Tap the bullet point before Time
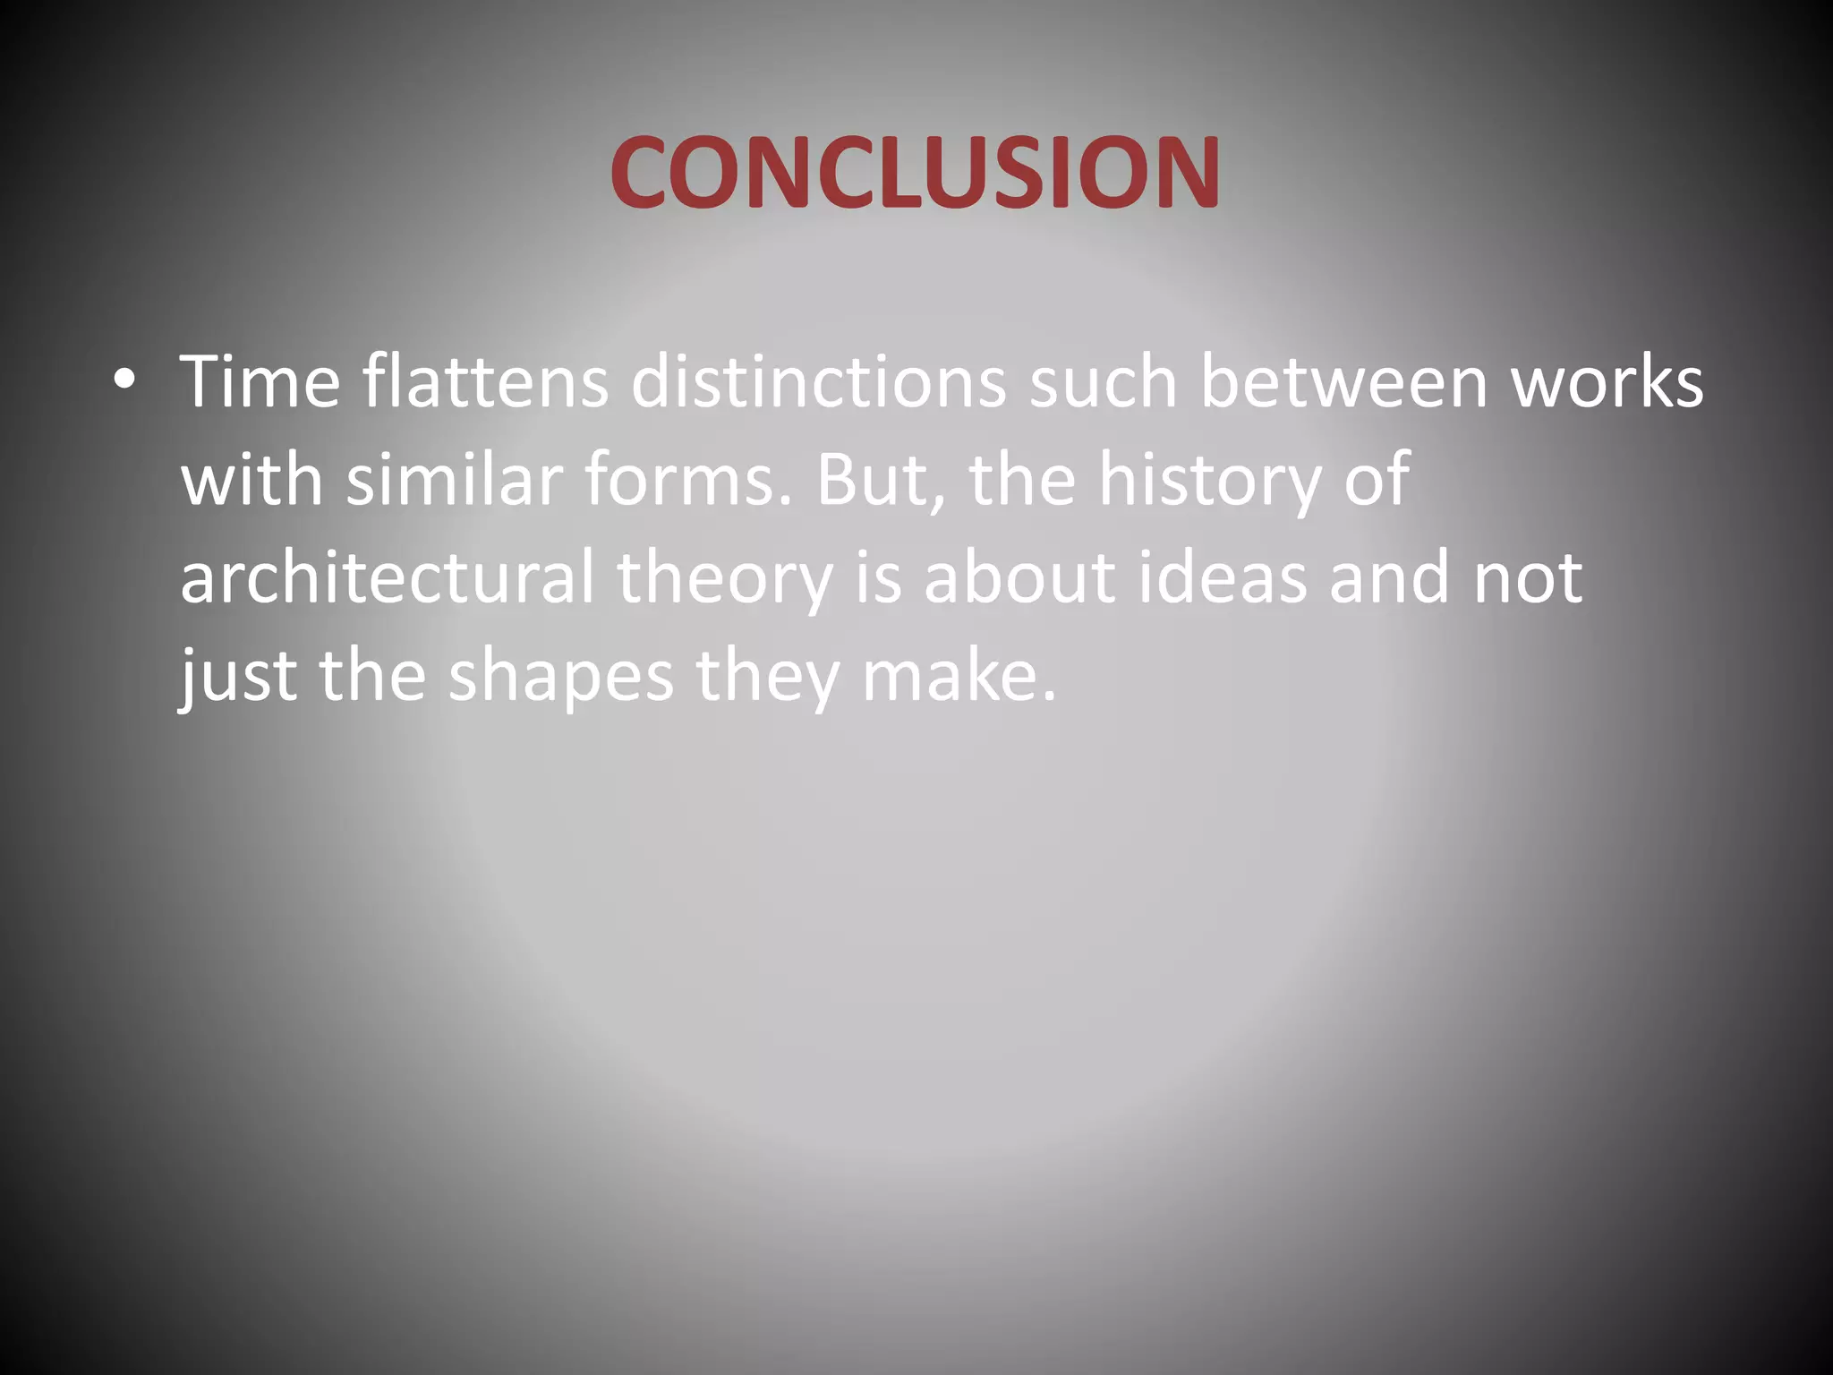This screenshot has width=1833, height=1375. (x=124, y=380)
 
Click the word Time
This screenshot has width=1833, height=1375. (x=260, y=381)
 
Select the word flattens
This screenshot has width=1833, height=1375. (x=485, y=381)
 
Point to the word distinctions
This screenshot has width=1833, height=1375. (x=818, y=381)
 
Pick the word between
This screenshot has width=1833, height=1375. (x=1343, y=381)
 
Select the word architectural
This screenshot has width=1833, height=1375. (x=387, y=577)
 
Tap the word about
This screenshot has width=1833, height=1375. (x=1019, y=577)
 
